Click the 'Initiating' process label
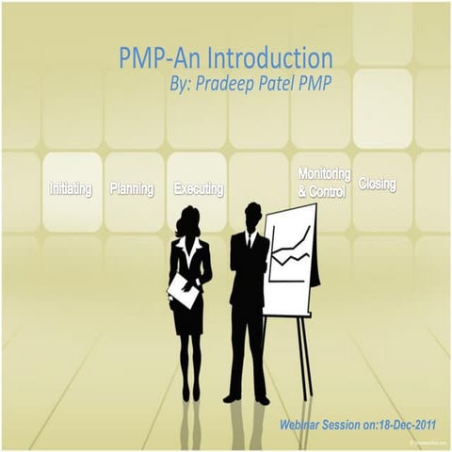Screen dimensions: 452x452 tap(71, 189)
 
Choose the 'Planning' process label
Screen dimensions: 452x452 tap(132, 189)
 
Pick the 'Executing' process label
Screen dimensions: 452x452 tap(199, 189)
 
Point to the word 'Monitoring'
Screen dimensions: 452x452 tap(324, 175)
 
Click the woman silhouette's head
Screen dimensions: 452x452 tap(185, 223)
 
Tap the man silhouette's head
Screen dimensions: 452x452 tap(251, 213)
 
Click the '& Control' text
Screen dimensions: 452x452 tap(322, 192)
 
